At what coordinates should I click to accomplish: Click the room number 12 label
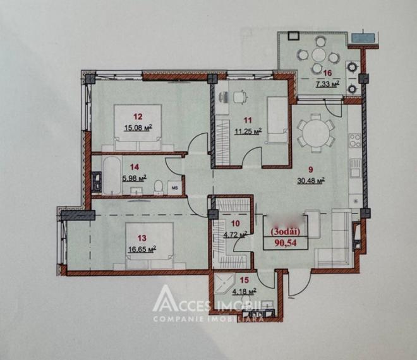138,116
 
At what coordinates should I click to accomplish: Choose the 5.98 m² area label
134,178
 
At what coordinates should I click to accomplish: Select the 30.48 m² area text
311,179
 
